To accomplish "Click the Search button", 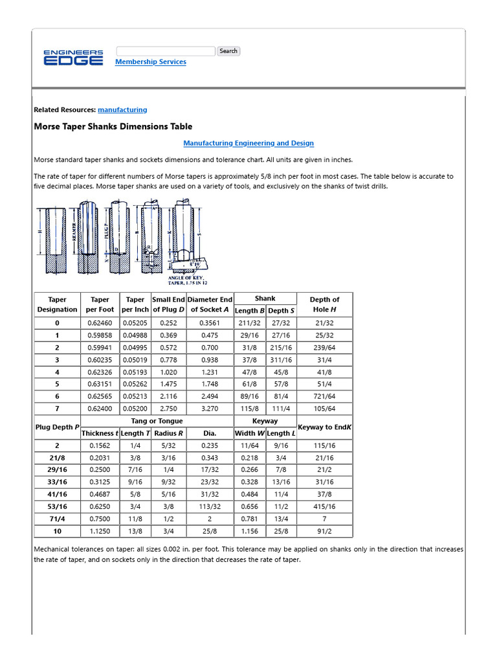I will coord(228,51).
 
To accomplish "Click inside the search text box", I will coord(166,51).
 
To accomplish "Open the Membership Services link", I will coord(150,62).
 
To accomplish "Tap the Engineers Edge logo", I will coord(73,58).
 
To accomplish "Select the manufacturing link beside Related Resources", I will coord(122,110).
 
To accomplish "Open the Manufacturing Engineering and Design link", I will coord(248,143).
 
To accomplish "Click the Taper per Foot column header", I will coord(100,304).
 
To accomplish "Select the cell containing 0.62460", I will coord(100,323).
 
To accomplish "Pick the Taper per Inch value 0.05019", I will coord(135,360).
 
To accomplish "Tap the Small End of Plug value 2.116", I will coord(168,397).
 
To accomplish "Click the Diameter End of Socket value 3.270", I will coord(210,409).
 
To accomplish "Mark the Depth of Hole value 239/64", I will coord(324,348).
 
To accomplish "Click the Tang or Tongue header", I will coord(157,421).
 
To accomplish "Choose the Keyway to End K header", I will coord(324,427).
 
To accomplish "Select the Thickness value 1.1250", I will coord(100,531).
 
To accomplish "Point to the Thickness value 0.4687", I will coord(100,494).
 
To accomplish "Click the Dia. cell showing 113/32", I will coord(210,506).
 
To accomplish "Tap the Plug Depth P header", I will coord(57,427).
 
